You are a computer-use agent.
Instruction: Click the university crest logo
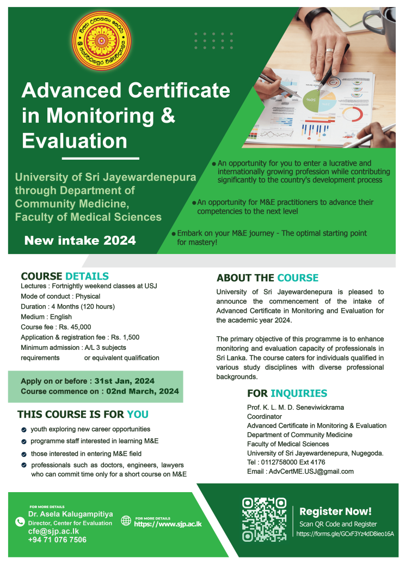point(102,42)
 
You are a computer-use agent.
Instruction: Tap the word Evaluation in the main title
point(75,141)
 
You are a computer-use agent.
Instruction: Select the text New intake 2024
point(80,240)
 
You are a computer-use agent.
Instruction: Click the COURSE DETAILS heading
point(65,276)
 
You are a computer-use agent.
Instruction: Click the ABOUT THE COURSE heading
point(267,278)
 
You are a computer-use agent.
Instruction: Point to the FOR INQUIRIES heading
point(287,394)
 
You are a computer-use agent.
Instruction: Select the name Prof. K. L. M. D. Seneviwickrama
point(296,407)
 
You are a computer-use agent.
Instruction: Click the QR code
point(264,519)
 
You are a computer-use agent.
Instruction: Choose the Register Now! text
point(335,511)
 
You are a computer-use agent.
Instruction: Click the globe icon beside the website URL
point(126,521)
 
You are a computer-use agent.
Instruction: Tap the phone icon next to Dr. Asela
point(20,522)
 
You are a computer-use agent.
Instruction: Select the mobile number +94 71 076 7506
point(57,540)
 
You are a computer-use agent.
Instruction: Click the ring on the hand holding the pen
point(329,50)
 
